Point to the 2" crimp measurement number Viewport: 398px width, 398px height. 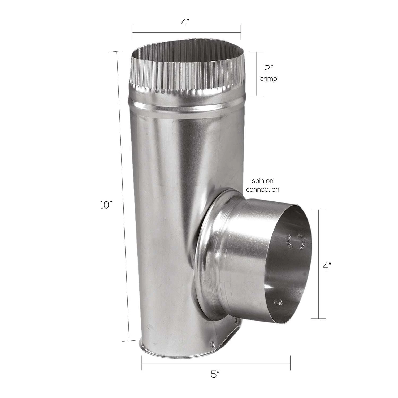[x=269, y=69]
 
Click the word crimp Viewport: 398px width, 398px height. [x=269, y=79]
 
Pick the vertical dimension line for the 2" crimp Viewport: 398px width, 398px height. [x=256, y=73]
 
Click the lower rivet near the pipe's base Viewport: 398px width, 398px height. [x=212, y=345]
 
